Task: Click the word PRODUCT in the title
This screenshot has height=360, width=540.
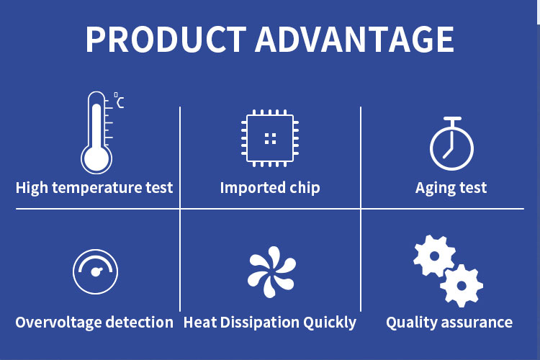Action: tap(166, 40)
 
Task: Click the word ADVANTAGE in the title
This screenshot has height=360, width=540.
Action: tap(354, 40)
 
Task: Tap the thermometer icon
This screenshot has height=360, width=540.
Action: tap(96, 132)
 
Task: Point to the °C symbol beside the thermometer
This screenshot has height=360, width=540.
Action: tap(119, 100)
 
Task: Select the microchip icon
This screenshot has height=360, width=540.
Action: tap(270, 138)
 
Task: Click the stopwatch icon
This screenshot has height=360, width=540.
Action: tap(451, 143)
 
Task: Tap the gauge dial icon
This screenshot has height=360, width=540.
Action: tap(95, 271)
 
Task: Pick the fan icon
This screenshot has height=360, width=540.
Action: tap(271, 272)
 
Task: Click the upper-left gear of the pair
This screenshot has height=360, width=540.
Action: tap(434, 256)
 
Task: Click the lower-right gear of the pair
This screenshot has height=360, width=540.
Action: tap(462, 286)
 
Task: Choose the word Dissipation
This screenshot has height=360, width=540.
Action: tap(260, 323)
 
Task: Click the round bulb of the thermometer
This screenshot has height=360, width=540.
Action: tap(96, 160)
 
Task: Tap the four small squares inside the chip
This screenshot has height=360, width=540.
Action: tap(270, 138)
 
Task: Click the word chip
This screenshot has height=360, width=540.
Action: tap(305, 189)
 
